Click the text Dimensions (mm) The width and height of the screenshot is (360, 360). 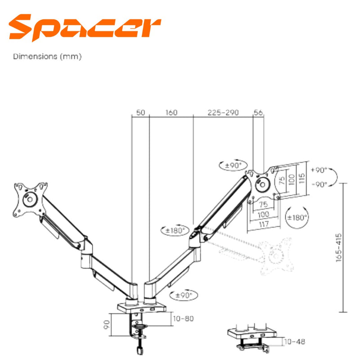click(47, 57)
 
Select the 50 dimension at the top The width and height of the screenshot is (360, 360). click(140, 112)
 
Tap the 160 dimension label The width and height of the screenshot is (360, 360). click(171, 112)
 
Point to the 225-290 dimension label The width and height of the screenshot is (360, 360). click(223, 112)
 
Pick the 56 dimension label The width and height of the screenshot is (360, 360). click(258, 112)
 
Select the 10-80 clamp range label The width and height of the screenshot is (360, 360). click(183, 319)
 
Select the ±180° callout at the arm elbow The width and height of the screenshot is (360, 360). click(173, 231)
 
